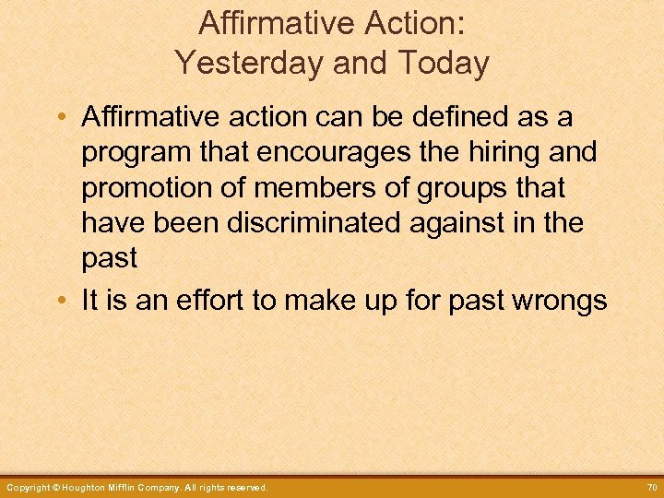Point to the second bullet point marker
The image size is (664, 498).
pyautogui.click(x=61, y=302)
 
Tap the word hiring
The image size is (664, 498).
pyautogui.click(x=499, y=152)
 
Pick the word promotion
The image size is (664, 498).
pyautogui.click(x=147, y=187)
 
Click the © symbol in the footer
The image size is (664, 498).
pyautogui.click(x=55, y=487)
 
